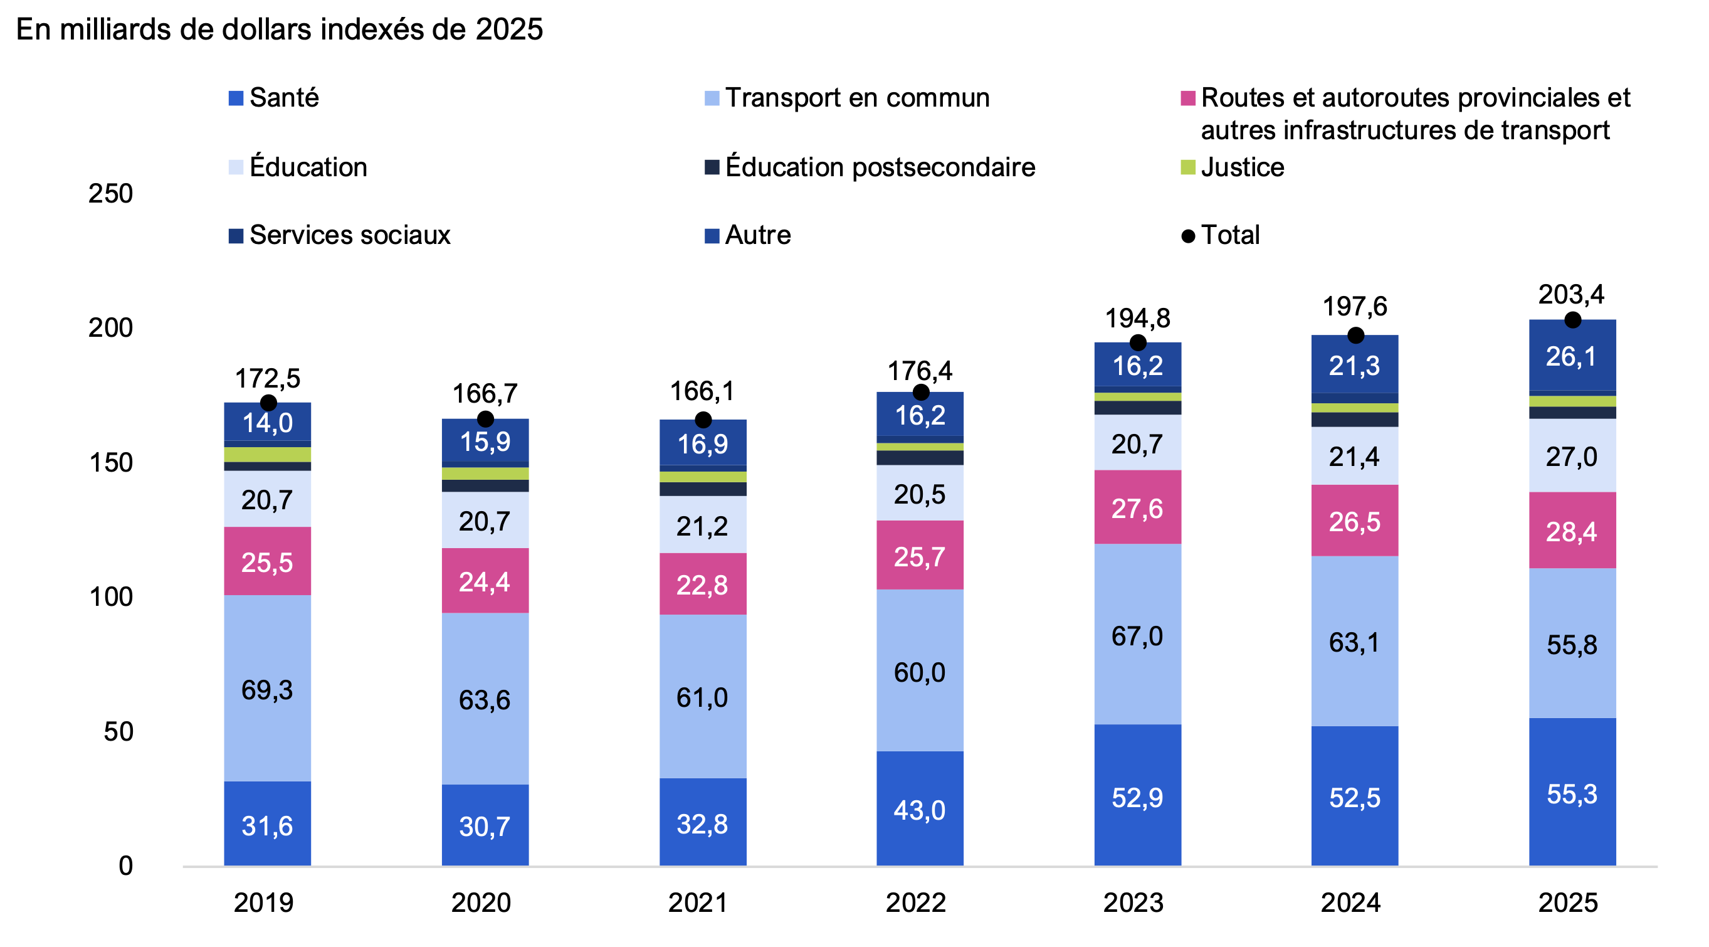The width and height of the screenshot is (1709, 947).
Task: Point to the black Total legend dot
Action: pyautogui.click(x=1188, y=236)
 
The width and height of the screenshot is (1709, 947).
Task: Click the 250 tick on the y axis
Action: pyautogui.click(x=110, y=194)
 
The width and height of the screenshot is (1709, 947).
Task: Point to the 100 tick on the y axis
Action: pyautogui.click(x=110, y=597)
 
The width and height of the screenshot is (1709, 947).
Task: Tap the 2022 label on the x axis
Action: pyautogui.click(x=915, y=902)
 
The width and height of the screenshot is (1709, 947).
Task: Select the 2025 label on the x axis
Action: pyautogui.click(x=1569, y=902)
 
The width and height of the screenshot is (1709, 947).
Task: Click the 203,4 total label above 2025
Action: pyautogui.click(x=1571, y=294)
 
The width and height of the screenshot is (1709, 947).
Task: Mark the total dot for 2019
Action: pyautogui.click(x=268, y=403)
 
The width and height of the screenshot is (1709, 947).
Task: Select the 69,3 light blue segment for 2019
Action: pyautogui.click(x=267, y=688)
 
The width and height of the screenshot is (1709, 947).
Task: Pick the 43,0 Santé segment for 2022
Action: pyautogui.click(x=920, y=809)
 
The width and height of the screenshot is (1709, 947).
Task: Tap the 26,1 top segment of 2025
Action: pyautogui.click(x=1572, y=356)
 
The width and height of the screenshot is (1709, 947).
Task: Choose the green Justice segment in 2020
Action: pyautogui.click(x=485, y=473)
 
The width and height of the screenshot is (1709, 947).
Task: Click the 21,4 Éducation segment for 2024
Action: pyautogui.click(x=1354, y=456)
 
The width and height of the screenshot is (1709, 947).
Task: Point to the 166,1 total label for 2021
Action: pyautogui.click(x=702, y=391)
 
